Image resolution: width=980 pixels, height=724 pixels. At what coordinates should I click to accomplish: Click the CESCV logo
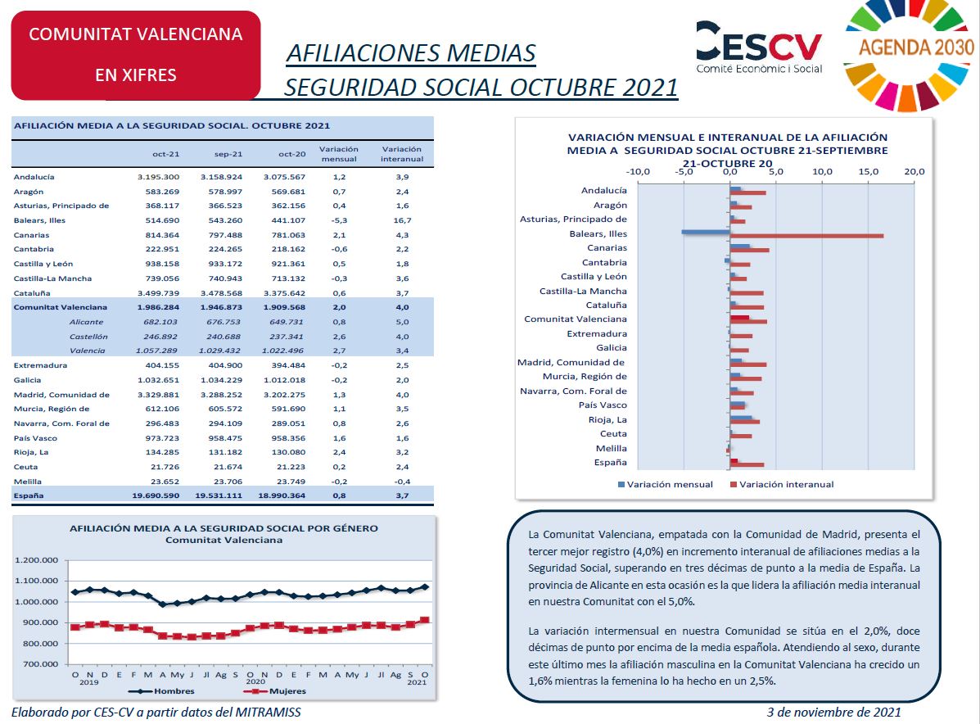(759, 48)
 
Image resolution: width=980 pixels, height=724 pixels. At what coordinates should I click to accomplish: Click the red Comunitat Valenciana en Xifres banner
(136, 55)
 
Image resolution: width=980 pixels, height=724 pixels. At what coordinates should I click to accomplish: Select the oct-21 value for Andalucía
(158, 177)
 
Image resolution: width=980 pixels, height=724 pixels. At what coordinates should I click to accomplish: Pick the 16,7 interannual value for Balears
(402, 220)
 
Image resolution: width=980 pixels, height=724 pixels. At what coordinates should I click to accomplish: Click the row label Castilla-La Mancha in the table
(52, 278)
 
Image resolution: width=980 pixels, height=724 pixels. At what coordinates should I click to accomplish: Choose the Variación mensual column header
(339, 154)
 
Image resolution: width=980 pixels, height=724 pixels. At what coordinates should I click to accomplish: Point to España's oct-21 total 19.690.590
(156, 495)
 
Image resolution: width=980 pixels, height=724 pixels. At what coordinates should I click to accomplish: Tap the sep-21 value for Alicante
(224, 322)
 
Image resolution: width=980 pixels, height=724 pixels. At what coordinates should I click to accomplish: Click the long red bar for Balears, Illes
(807, 236)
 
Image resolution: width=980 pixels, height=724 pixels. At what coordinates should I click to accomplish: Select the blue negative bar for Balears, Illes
(706, 232)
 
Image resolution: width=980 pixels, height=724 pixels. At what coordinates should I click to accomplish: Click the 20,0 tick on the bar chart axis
(914, 171)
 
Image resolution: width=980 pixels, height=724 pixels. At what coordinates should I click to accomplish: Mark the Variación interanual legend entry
(782, 485)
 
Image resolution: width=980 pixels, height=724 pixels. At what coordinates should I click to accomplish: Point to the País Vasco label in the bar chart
(603, 405)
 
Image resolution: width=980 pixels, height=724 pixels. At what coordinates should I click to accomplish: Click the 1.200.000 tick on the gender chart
(36, 560)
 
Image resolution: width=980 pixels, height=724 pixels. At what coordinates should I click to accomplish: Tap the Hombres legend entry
(161, 691)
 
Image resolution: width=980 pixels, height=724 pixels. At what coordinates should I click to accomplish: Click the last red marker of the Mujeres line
(425, 620)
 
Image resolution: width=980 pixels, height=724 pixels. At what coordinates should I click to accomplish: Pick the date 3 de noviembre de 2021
(833, 712)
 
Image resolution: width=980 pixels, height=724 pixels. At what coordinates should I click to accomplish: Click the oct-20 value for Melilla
(291, 482)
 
